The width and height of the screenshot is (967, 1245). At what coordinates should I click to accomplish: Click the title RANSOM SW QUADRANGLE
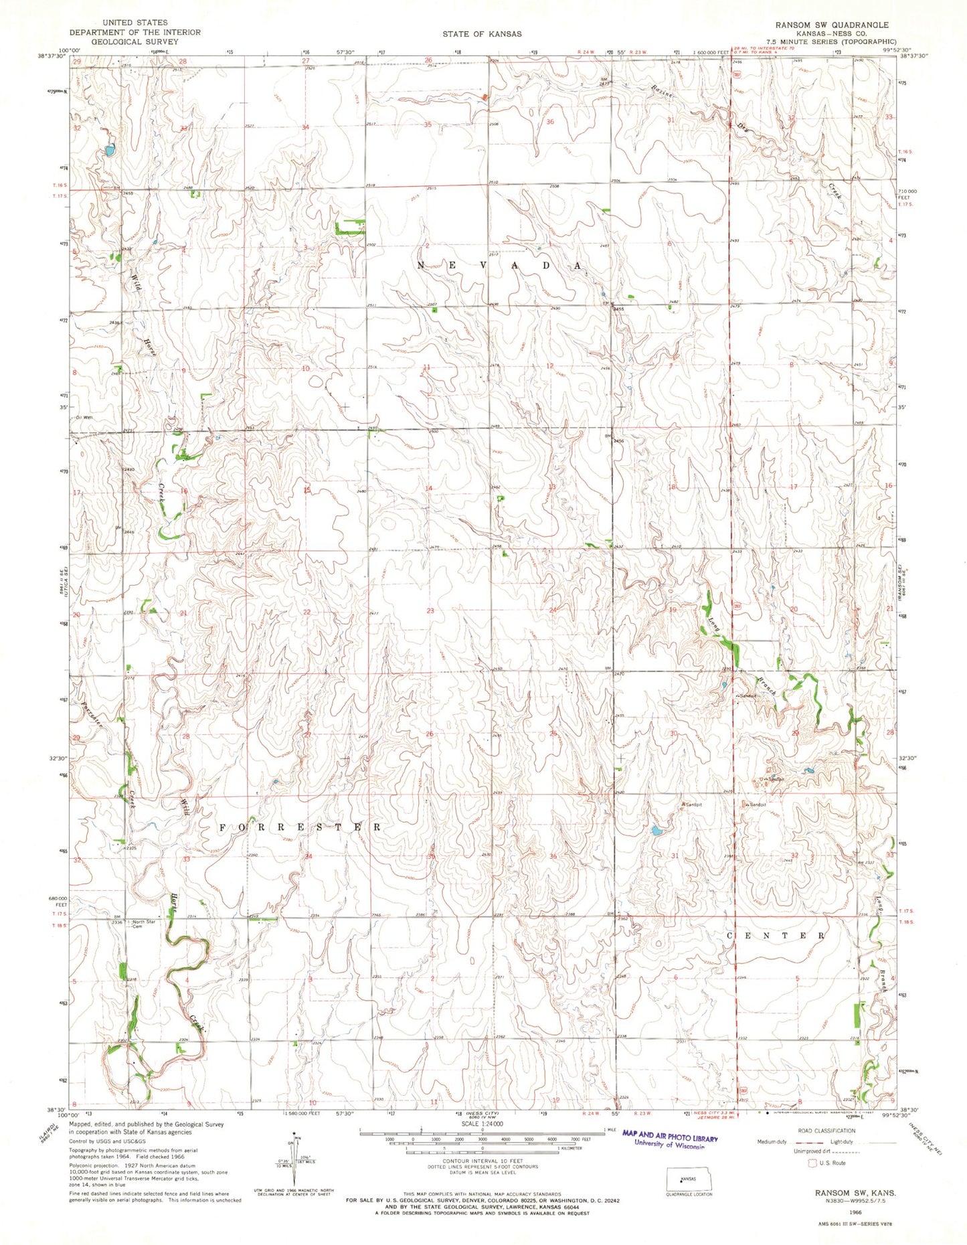(x=832, y=25)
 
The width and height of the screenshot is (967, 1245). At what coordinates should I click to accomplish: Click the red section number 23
(x=430, y=610)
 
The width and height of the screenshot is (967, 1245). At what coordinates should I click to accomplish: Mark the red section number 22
(x=307, y=612)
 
